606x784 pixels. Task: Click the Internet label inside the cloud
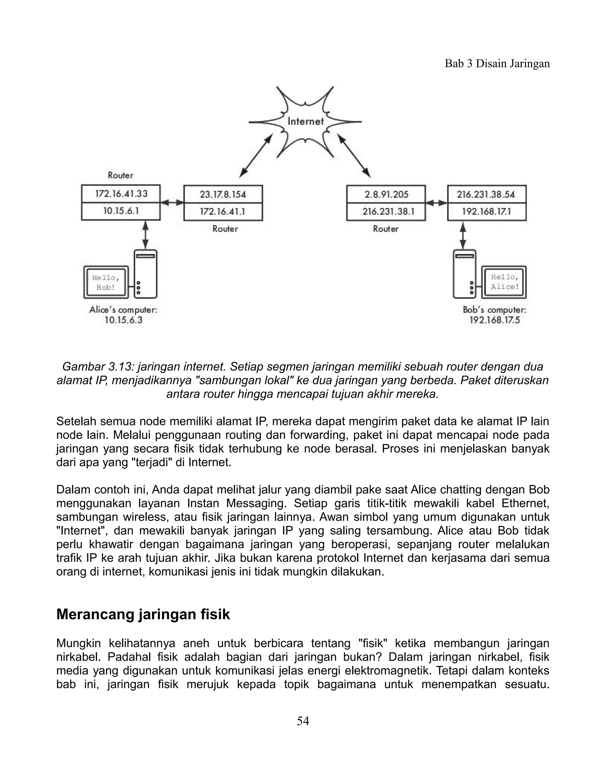pos(305,121)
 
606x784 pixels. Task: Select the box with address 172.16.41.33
pos(121,194)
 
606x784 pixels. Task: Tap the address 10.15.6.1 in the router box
pos(121,211)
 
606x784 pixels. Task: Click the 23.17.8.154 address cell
pos(223,194)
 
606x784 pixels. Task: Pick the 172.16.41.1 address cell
pos(223,212)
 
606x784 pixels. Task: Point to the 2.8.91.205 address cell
pos(386,194)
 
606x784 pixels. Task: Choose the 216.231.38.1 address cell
pos(386,212)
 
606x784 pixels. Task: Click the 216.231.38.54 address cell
pos(486,194)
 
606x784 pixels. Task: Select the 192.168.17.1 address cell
pos(486,212)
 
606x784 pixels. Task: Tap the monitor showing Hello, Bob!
pos(106,282)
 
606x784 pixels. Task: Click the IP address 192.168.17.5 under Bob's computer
pos(494,320)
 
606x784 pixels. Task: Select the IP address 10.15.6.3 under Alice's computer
pos(123,320)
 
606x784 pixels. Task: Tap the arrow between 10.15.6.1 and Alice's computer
pos(145,235)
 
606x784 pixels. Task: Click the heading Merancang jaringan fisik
pos(143,614)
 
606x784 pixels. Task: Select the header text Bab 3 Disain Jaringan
pos(497,64)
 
